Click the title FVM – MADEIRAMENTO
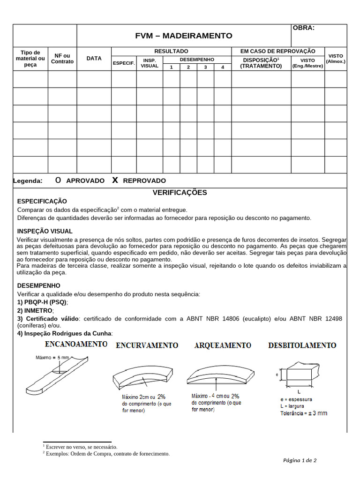click(184, 36)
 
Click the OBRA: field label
click(304, 28)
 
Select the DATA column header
click(94, 59)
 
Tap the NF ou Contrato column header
click(62, 59)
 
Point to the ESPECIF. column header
click(124, 63)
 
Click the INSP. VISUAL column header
click(150, 63)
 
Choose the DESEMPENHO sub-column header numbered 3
click(205, 67)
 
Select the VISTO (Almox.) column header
click(336, 59)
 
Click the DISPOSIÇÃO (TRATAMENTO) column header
click(261, 63)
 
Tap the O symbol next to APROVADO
click(58, 180)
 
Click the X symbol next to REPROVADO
click(115, 180)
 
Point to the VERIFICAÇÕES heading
click(180, 193)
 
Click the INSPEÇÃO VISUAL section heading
click(45, 231)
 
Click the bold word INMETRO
click(39, 310)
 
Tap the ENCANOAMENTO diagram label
click(76, 345)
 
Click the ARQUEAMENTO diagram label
click(223, 345)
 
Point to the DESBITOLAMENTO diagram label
click(302, 345)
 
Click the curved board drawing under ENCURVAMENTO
click(143, 375)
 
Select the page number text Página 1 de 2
click(300, 460)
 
